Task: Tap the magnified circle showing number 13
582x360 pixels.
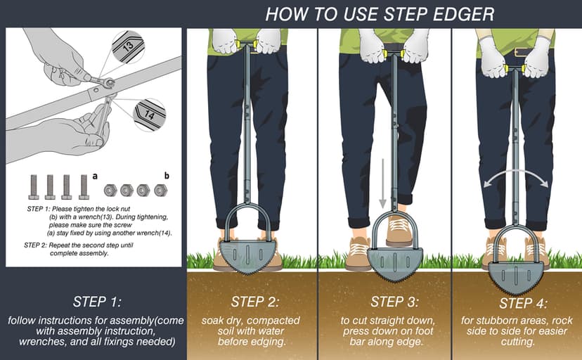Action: (x=129, y=48)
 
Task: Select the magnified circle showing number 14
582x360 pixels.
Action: (x=148, y=113)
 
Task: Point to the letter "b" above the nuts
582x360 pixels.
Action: (x=166, y=175)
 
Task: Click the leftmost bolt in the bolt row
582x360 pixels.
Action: (x=34, y=186)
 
